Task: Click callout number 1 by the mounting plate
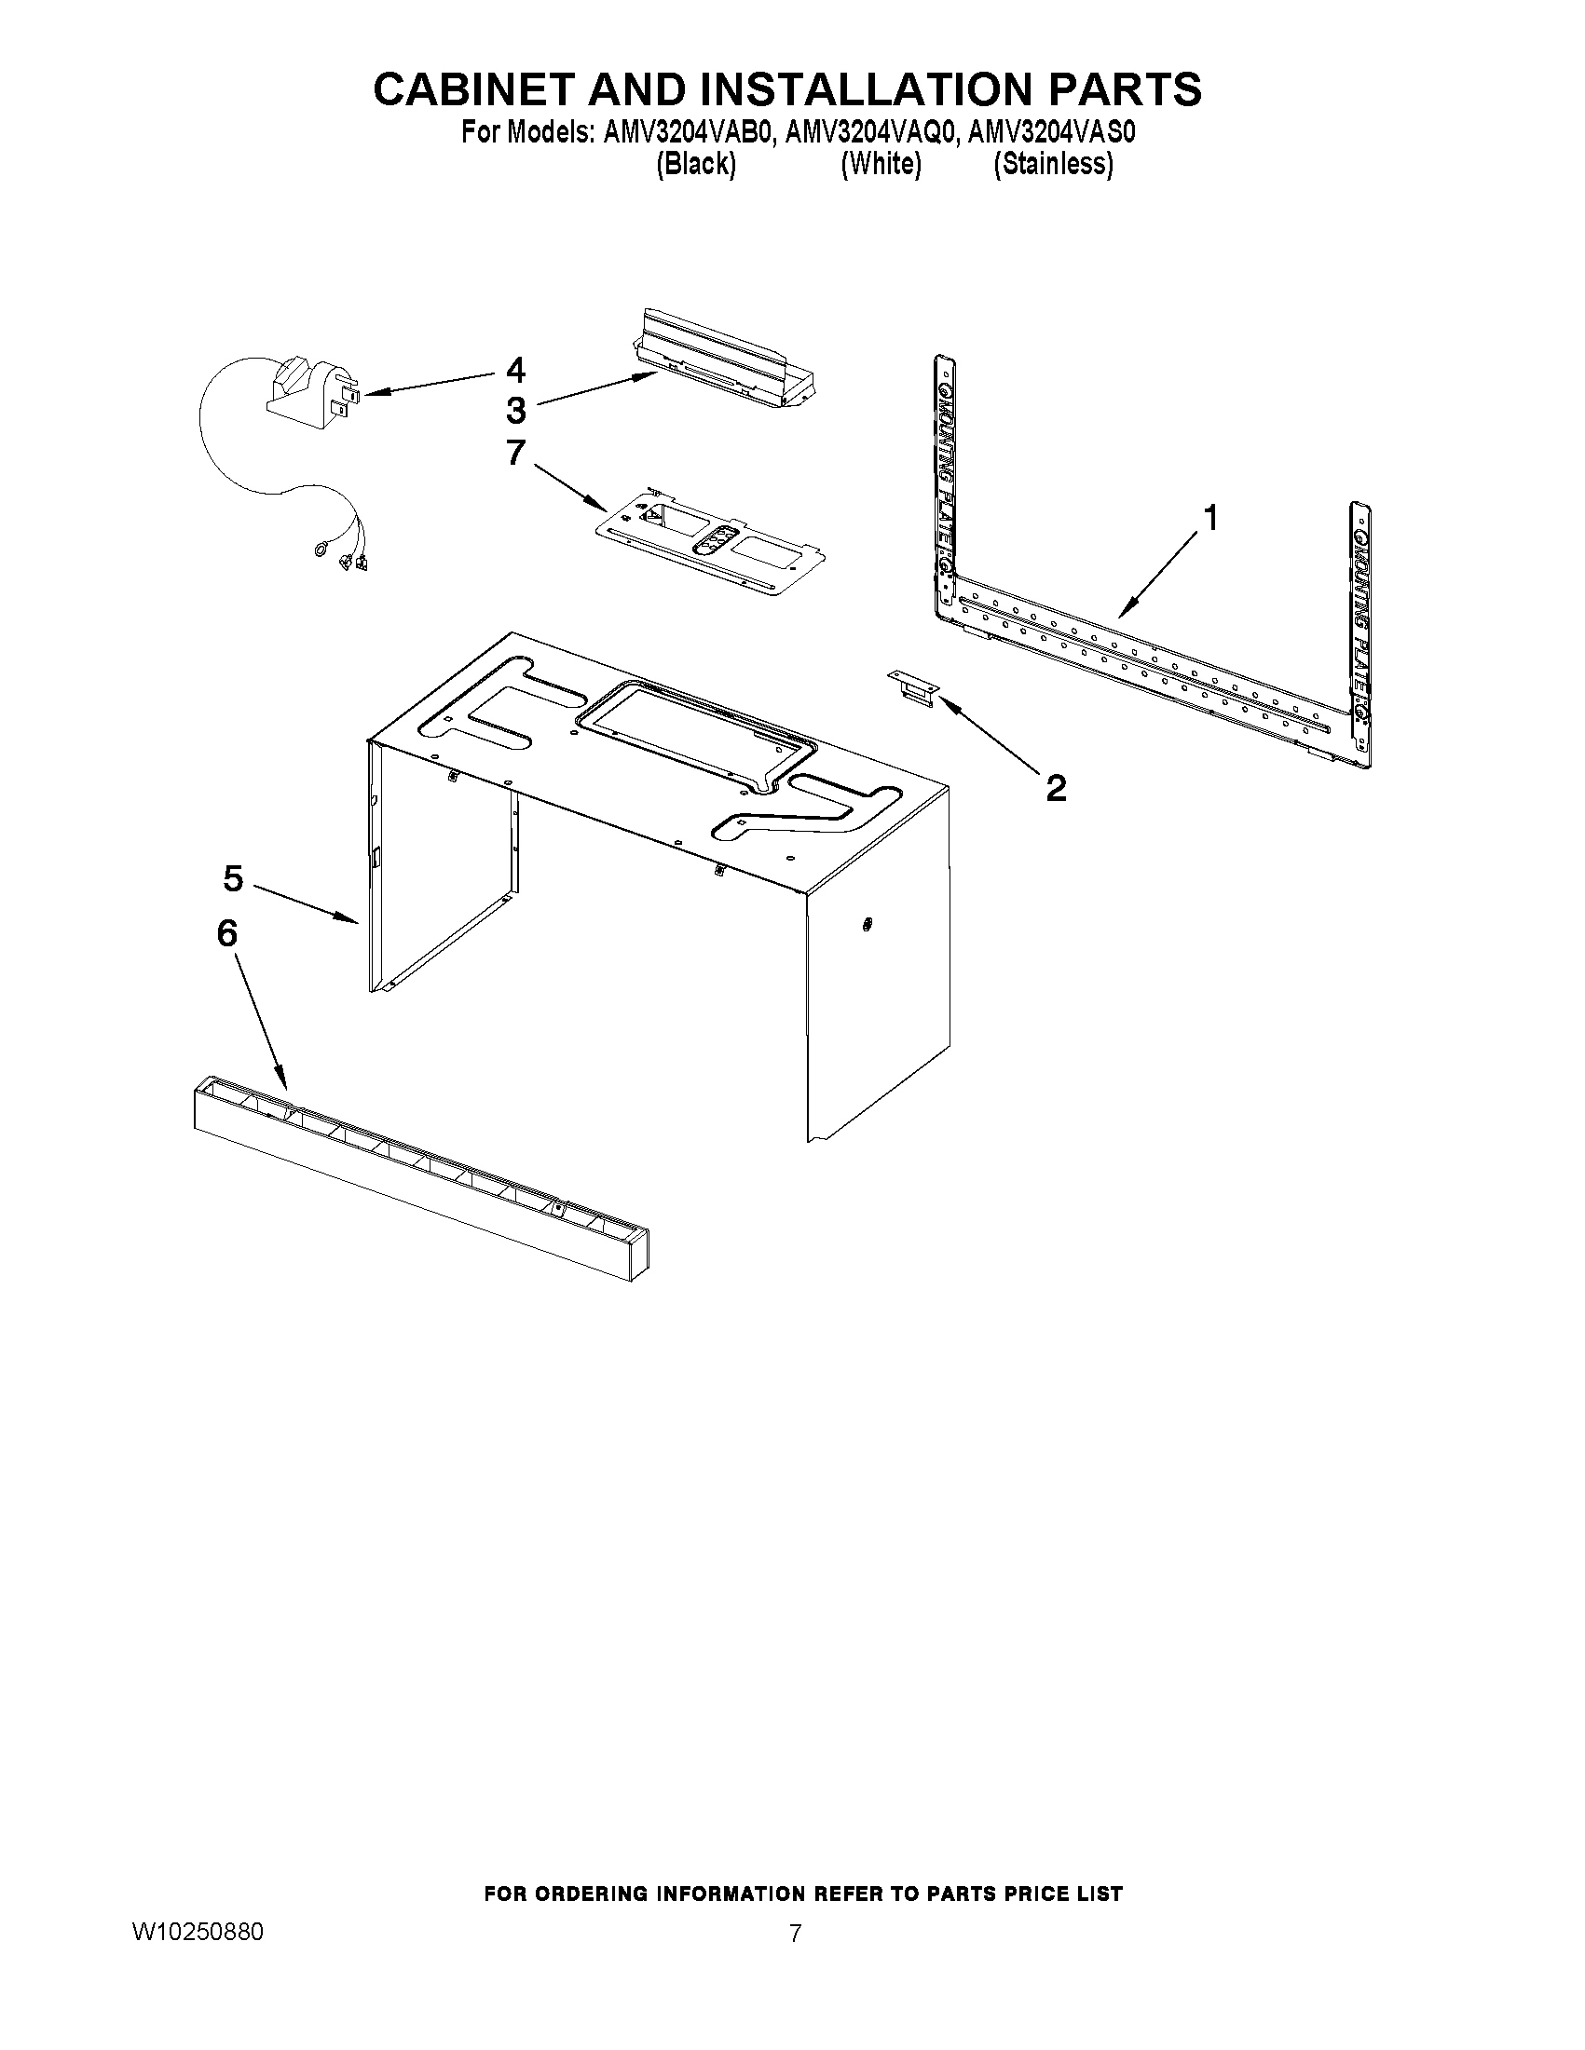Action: click(1210, 517)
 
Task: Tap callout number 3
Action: click(515, 411)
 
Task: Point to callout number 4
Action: click(515, 370)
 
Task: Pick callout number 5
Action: click(233, 878)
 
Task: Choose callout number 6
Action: click(227, 933)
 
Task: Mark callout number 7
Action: click(515, 453)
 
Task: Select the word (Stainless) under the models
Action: click(1054, 164)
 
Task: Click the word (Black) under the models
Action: click(695, 164)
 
